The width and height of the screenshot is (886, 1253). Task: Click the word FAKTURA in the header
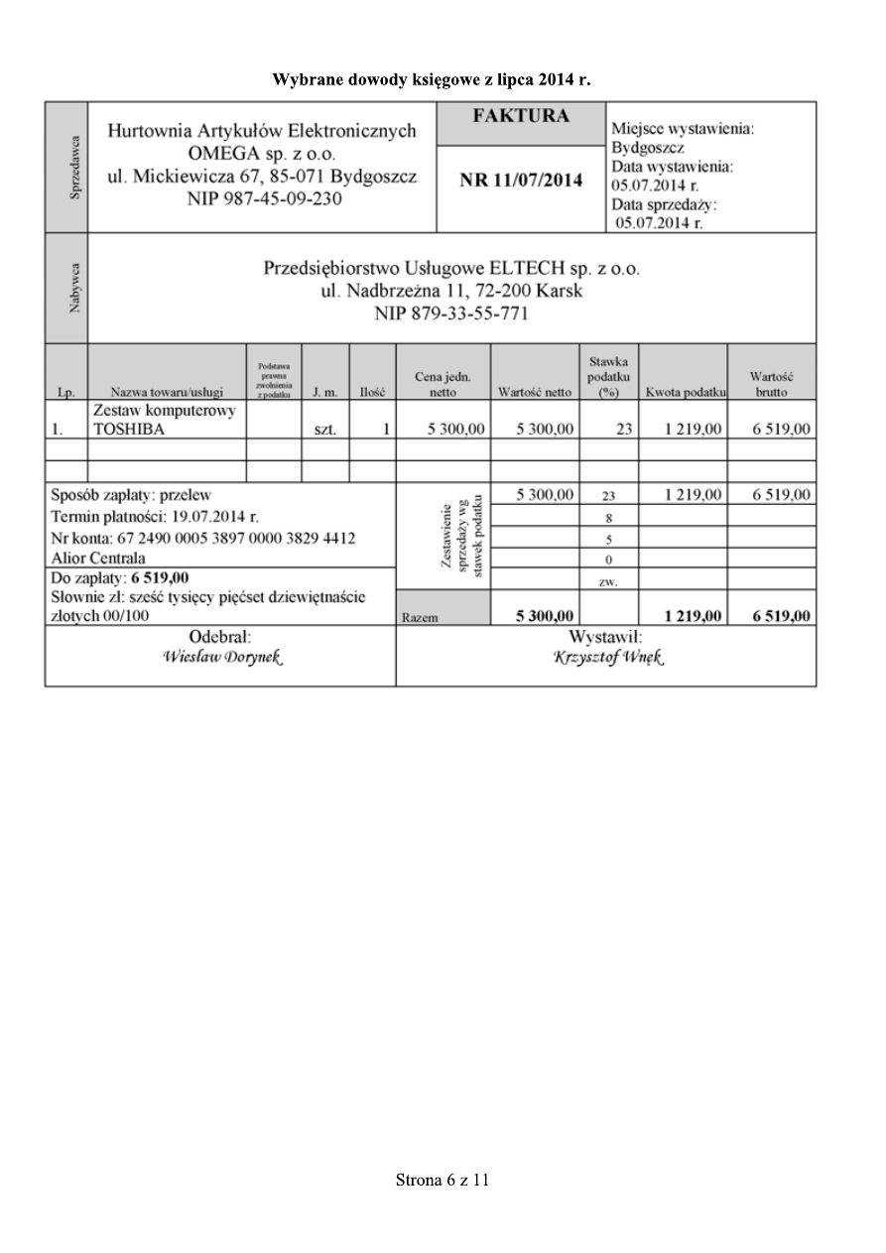point(521,117)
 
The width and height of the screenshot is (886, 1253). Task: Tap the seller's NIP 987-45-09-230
point(262,198)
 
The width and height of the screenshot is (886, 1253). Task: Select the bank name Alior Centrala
point(98,558)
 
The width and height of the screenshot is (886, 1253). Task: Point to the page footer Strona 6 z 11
point(443,1180)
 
